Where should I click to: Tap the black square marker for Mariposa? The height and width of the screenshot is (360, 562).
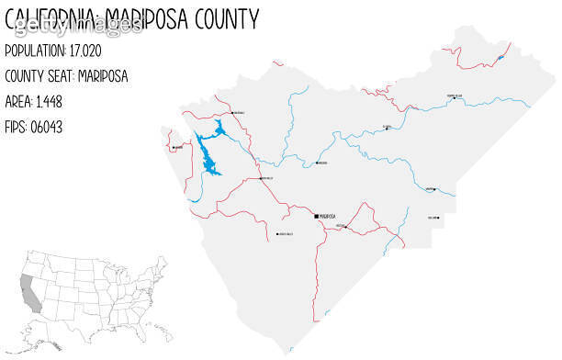pyautogui.click(x=316, y=216)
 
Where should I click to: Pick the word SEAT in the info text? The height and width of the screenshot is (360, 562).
pyautogui.click(x=60, y=75)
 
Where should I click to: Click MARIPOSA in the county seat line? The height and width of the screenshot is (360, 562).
pyautogui.click(x=104, y=75)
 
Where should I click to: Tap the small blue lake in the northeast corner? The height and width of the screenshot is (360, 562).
pyautogui.click(x=500, y=58)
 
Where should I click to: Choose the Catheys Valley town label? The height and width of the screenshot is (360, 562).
pyautogui.click(x=286, y=235)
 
